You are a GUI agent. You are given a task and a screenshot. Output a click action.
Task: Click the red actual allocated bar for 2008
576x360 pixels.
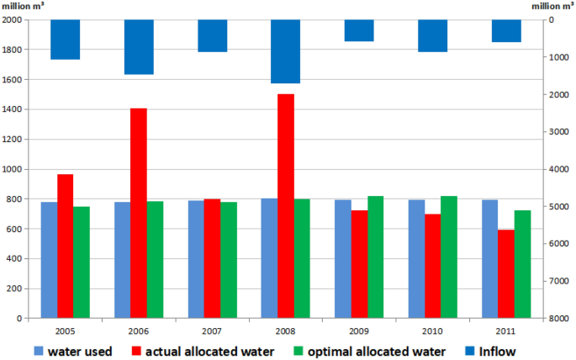click(x=286, y=206)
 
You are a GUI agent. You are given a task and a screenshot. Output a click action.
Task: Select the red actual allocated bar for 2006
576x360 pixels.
click(x=139, y=213)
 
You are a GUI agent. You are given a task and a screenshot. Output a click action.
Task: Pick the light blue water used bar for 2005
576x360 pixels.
click(x=49, y=260)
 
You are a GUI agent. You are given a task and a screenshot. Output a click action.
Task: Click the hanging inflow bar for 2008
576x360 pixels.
click(x=286, y=51)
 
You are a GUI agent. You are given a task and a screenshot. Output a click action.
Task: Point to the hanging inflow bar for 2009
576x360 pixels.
click(x=359, y=30)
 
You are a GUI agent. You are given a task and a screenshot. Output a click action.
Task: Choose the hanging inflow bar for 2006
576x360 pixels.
click(x=139, y=47)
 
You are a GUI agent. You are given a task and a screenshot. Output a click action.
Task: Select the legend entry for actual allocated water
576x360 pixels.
click(x=201, y=351)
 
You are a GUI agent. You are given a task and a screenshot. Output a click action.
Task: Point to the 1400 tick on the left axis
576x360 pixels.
click(x=13, y=109)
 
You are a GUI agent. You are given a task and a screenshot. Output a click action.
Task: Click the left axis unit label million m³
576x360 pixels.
click(x=23, y=6)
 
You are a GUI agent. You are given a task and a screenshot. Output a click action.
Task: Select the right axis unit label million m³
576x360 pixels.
click(x=552, y=6)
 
